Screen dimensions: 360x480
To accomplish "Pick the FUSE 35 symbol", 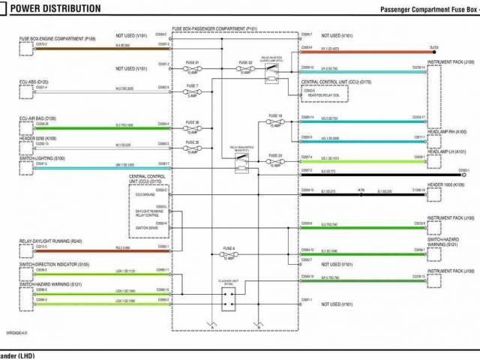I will point(193,147).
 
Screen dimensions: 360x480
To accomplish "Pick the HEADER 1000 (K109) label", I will point(446,184).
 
